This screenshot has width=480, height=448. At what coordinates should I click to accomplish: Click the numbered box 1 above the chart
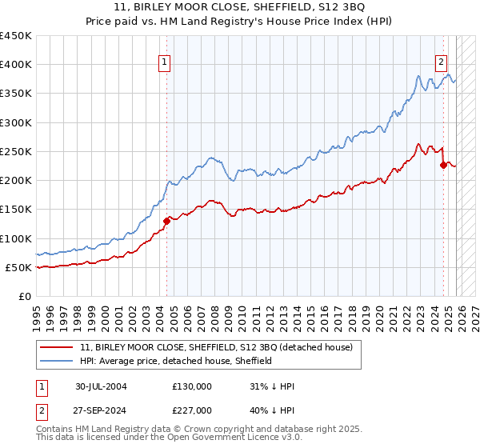(164, 61)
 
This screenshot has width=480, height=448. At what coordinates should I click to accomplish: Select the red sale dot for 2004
(167, 221)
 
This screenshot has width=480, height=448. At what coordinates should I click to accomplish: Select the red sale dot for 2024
(444, 165)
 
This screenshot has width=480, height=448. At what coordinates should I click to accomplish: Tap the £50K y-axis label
(19, 267)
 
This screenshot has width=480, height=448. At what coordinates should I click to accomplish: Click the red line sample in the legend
(58, 347)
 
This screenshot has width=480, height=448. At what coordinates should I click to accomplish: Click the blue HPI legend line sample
(58, 361)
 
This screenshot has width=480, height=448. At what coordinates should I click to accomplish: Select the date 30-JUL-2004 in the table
(101, 386)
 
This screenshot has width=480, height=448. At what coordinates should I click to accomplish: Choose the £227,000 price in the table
(191, 410)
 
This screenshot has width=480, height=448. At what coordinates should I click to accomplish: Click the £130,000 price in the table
(191, 386)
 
